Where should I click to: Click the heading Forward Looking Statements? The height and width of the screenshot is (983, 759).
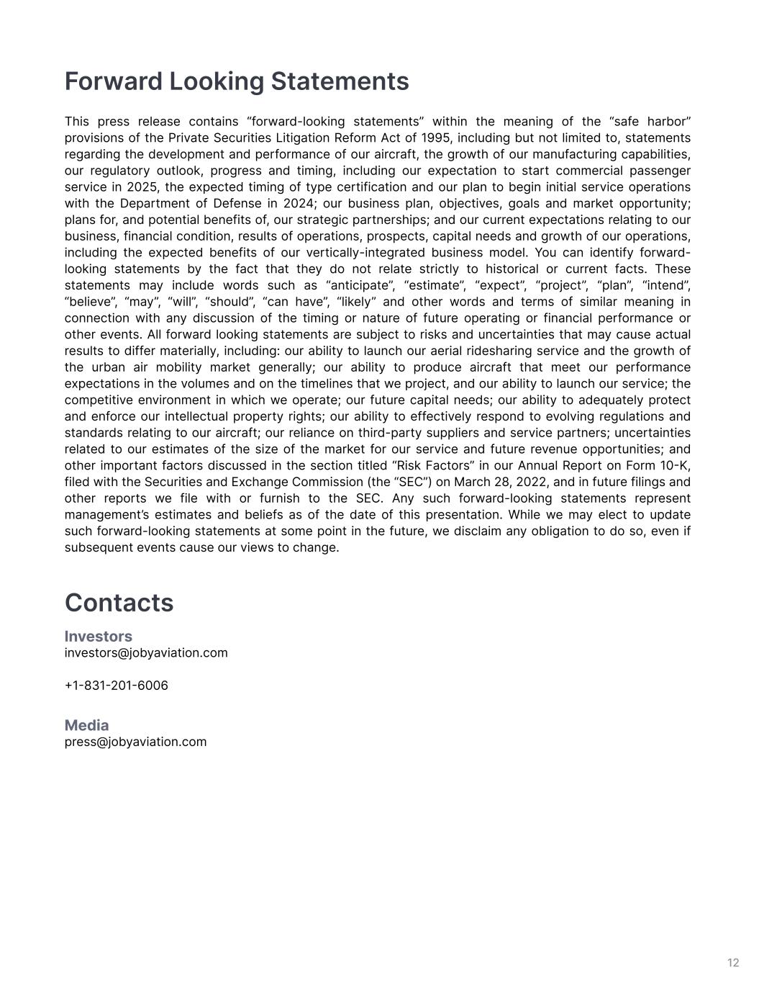pos(237,81)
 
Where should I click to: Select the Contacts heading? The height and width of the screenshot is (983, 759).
pos(119,603)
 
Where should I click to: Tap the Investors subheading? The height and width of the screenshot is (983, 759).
pos(99,637)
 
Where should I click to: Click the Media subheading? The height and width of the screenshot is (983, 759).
pos(86,725)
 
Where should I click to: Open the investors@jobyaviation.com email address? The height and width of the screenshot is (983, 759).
pos(146,653)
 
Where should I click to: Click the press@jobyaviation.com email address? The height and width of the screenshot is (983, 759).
pos(135,742)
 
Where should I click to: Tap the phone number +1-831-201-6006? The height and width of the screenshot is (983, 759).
pos(117,686)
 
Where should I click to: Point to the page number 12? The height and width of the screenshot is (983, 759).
pos(733,963)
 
